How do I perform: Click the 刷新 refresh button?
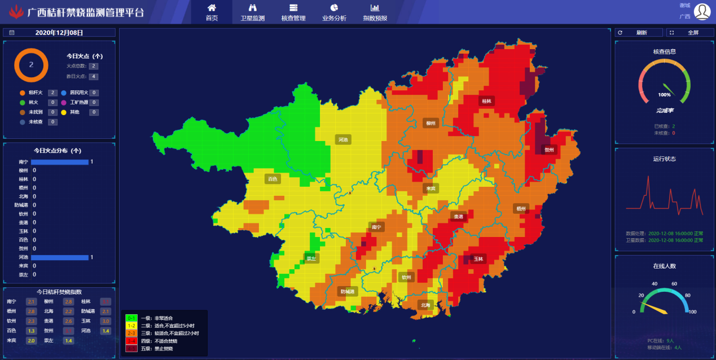coord(638,33)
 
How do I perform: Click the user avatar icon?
coord(702,11)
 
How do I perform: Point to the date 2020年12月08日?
coord(59,33)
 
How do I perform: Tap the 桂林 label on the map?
coord(486,102)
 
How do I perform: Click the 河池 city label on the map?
coord(343,139)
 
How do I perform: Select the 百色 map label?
coord(273,179)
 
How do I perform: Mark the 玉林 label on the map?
coord(478,259)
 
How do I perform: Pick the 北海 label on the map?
coord(424,305)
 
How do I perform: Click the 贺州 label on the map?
coord(549,150)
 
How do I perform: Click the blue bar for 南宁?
coord(60,162)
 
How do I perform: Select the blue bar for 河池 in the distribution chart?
coord(60,257)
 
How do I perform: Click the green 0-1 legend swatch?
coord(131,318)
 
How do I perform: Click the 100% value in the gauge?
coord(664,95)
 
